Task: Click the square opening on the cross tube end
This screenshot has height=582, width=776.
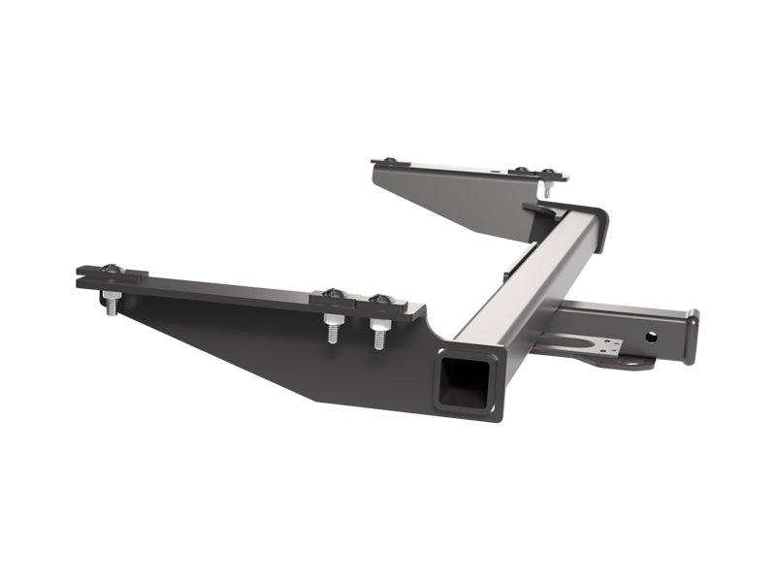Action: (x=464, y=381)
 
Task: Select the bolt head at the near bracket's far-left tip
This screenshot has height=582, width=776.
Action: (x=109, y=269)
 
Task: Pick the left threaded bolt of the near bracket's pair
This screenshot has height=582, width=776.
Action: (x=333, y=329)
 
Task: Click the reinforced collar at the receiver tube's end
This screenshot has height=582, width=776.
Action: (x=691, y=336)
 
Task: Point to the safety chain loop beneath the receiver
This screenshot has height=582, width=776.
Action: (x=630, y=364)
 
